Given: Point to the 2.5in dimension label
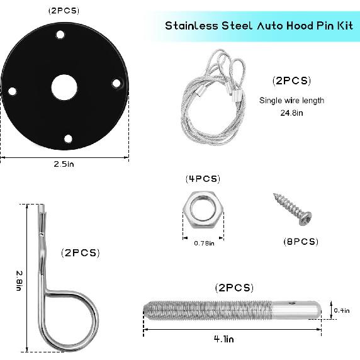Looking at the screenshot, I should point(64,164).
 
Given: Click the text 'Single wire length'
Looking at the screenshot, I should point(291,101).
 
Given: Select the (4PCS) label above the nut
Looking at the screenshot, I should point(203,179).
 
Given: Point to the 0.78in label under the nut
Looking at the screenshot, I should point(203,243).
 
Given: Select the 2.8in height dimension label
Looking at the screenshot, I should point(19,277).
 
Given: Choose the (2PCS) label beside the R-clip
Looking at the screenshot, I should point(80,253).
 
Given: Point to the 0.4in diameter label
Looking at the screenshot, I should point(342,310).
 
